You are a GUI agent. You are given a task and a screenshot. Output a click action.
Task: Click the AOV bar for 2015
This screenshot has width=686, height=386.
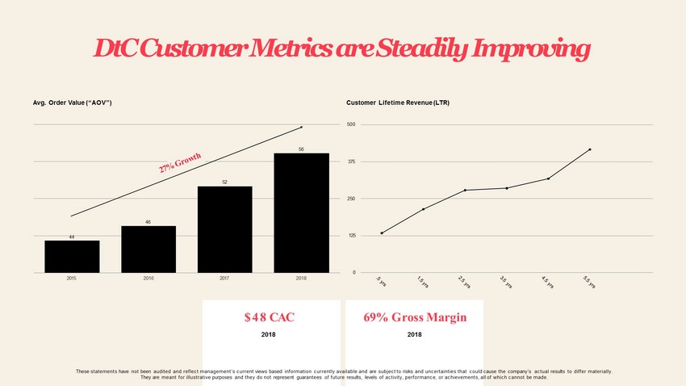[72, 256]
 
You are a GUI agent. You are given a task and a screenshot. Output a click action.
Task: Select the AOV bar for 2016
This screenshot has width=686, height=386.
[148, 249]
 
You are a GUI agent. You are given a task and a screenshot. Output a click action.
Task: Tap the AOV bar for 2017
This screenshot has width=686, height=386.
[224, 229]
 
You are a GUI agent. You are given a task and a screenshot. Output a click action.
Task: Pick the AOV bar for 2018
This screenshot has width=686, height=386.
[301, 212]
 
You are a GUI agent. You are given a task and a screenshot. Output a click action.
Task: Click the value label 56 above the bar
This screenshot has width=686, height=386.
[301, 149]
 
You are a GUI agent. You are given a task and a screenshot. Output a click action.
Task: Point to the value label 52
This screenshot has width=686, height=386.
[224, 183]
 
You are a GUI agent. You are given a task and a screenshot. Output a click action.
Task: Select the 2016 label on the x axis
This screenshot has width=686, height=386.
[148, 278]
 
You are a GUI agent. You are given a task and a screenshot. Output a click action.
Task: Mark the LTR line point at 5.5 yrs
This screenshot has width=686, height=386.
[590, 149]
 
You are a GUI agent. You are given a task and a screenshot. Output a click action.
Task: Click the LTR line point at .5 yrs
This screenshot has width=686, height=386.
[382, 233]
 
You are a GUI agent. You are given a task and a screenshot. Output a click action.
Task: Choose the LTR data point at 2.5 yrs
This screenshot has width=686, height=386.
[466, 190]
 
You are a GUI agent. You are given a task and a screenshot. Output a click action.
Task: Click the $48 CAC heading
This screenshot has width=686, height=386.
[269, 317]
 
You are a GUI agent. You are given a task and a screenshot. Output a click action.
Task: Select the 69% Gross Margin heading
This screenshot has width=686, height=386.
[415, 317]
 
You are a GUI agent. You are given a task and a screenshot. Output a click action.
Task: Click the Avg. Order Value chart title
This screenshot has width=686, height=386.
[72, 103]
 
